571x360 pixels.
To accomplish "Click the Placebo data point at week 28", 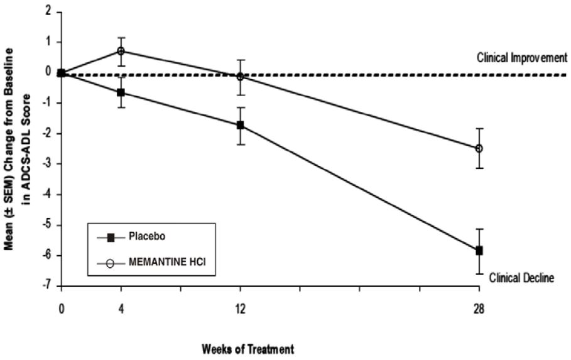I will coord(479,250).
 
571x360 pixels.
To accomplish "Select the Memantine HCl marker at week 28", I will coord(479,148).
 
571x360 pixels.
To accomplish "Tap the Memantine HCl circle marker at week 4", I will coord(121,51).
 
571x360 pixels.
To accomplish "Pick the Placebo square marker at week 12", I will coord(240,125).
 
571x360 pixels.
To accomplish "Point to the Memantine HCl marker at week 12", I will coord(240,77).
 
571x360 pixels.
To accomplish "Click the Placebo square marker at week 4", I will coord(121,92).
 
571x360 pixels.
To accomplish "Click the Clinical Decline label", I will coord(521,276).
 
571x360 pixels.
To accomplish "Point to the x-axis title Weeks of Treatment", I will coord(248,347).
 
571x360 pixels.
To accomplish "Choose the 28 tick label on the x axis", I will coord(479,310).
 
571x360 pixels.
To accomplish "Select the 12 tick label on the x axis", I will coord(240,310).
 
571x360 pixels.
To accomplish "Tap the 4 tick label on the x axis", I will coord(121,310).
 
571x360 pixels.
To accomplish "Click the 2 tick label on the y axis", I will coord(49,12).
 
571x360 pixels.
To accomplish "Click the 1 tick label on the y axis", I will coord(49,43).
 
